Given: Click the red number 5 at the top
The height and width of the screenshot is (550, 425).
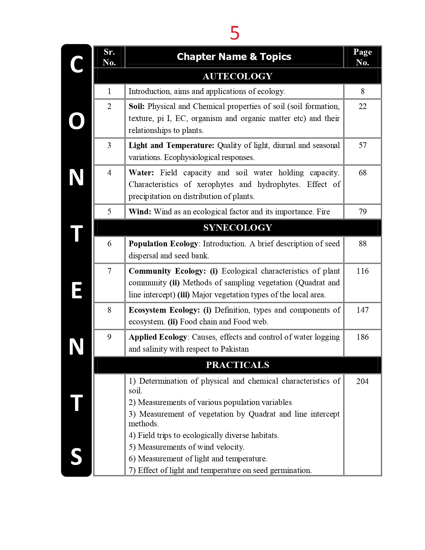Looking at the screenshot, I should click(235, 33).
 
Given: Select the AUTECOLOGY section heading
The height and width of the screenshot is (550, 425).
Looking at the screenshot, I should click(237, 76).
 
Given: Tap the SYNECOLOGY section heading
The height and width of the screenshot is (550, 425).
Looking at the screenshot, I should click(237, 228).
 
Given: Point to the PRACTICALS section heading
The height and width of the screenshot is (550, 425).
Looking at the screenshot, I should click(237, 365).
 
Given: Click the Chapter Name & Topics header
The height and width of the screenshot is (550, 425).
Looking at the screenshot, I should click(234, 57).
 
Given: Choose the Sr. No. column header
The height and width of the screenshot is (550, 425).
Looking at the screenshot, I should click(109, 57).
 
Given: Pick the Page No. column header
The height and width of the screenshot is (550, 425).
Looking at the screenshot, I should click(362, 57).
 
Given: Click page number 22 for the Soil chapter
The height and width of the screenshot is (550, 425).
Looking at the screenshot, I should click(362, 106).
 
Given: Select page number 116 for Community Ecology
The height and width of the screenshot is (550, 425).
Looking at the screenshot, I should click(362, 271).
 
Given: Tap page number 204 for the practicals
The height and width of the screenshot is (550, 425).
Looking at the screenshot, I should click(362, 381).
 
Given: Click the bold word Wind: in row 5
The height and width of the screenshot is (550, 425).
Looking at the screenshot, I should click(140, 212).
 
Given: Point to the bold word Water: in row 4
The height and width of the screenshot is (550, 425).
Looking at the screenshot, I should click(141, 173).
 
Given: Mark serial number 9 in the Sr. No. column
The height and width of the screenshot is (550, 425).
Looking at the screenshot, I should click(109, 337).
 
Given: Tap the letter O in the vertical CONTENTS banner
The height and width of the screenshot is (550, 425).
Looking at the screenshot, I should click(76, 121).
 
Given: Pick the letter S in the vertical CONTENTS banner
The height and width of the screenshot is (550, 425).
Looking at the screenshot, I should click(76, 456).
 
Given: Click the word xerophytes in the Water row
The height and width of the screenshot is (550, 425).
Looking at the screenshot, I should click(215, 184).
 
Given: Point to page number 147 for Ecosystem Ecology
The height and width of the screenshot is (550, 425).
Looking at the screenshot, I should click(362, 310).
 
